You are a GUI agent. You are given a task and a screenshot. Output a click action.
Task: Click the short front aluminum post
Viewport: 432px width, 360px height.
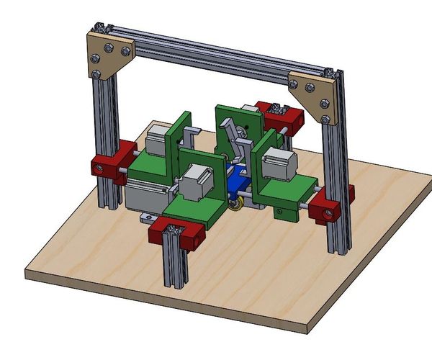pos(174,259)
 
